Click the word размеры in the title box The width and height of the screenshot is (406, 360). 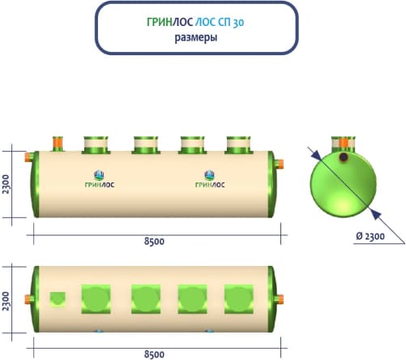click(196, 37)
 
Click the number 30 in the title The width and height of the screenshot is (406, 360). click(238, 23)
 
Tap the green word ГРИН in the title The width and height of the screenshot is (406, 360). click(160, 22)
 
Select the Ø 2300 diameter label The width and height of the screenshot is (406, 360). click(370, 236)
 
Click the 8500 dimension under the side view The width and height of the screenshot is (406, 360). click(154, 242)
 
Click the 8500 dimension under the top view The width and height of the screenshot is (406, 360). click(154, 354)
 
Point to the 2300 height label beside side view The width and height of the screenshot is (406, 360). click(6, 184)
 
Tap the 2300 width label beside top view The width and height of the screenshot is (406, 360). click(6, 301)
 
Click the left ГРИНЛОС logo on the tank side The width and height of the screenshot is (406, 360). click(100, 179)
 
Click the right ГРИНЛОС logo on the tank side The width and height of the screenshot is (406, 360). click(210, 179)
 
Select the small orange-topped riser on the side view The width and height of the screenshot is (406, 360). click(58, 144)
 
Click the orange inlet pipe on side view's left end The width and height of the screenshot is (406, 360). click(28, 156)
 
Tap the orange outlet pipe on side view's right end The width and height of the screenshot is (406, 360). click(280, 164)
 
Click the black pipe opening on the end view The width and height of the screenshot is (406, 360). click(343, 157)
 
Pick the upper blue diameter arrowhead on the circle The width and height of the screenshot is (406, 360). click(315, 155)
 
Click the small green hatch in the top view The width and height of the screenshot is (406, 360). click(58, 299)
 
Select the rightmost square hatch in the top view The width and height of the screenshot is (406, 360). click(239, 299)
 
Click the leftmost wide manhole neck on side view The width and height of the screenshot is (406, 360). click(96, 145)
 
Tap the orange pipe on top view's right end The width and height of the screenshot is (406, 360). click(280, 299)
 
